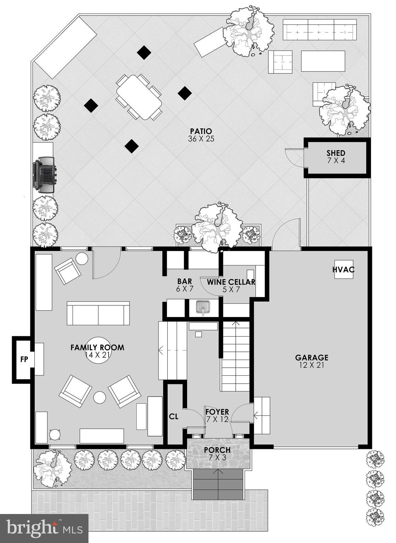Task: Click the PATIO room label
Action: pos(201,132)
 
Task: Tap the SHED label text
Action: pos(335,153)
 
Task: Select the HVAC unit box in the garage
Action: pos(343,270)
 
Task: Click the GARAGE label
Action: pos(311,358)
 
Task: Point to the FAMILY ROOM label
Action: pos(97,348)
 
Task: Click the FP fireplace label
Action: pos(24,360)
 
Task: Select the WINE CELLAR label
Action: pos(231,282)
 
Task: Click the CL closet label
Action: pos(173,416)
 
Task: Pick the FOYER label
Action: pos(217,412)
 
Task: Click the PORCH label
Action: pos(217,450)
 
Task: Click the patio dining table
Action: pos(139,97)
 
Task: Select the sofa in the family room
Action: pos(98,313)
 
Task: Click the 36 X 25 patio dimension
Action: pos(201,139)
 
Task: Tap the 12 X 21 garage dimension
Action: pos(311,365)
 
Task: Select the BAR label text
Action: pos(184,281)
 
